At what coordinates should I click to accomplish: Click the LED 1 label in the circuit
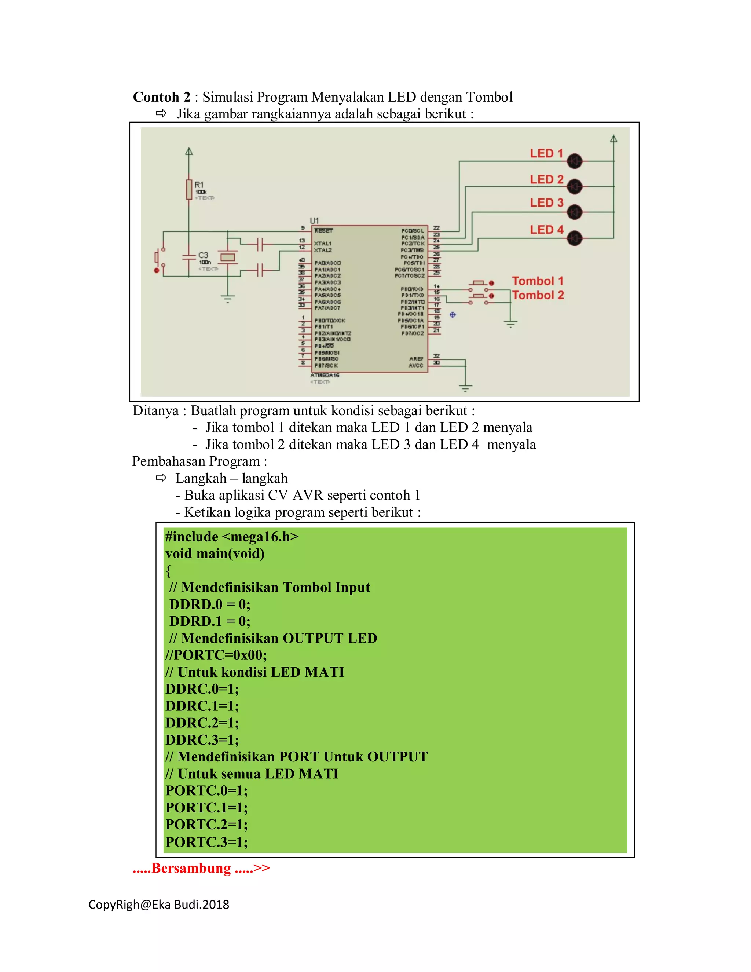[546, 154]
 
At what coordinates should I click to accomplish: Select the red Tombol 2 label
[538, 295]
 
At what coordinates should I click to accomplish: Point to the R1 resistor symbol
[189, 190]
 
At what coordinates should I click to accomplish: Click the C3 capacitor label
[203, 255]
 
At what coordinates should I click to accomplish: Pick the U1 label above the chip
[315, 221]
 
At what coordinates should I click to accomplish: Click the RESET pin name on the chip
[323, 231]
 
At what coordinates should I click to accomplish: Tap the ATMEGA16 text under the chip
[325, 375]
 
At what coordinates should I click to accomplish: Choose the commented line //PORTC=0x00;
[216, 655]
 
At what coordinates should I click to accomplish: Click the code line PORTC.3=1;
[206, 842]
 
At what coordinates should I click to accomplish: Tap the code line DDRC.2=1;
[202, 723]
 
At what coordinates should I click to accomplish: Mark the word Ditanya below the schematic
[155, 410]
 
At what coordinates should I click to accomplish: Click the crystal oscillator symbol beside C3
[227, 257]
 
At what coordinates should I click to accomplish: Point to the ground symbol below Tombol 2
[511, 324]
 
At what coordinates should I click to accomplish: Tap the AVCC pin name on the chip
[416, 365]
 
